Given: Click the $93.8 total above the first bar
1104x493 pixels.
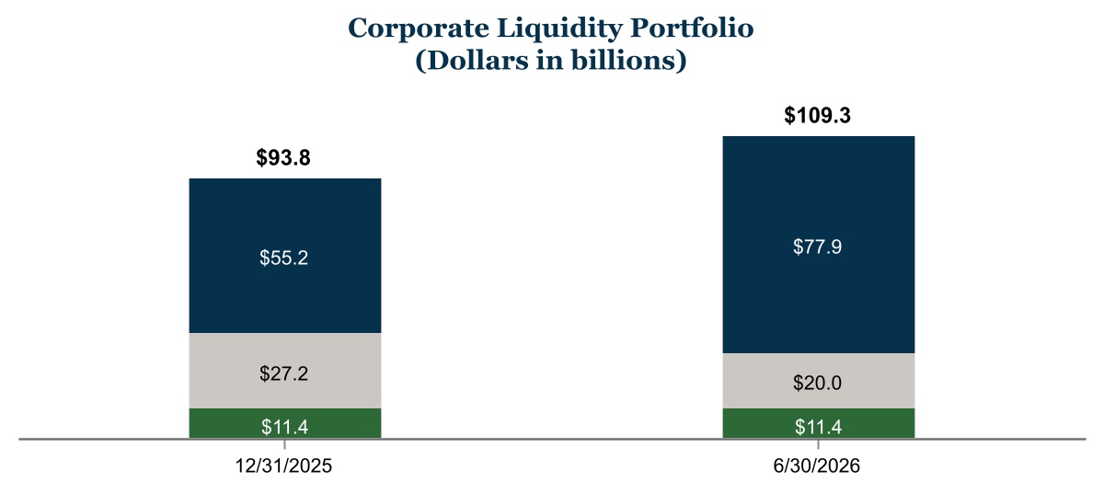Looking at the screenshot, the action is tap(283, 157).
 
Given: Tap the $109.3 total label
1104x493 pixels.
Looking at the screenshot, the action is tap(817, 115).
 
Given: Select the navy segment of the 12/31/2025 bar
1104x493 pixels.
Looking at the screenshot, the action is tap(285, 256).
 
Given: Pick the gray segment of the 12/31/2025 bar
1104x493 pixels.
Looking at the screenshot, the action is tap(285, 371).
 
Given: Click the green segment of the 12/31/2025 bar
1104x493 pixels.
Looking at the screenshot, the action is tap(285, 423).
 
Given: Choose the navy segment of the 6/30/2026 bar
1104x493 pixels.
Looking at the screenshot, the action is tap(819, 245).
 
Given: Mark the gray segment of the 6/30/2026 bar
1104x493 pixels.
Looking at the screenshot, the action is tap(819, 381).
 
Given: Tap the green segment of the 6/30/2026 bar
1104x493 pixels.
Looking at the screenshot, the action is tap(819, 423).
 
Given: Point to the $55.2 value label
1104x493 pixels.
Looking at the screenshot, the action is tap(284, 258).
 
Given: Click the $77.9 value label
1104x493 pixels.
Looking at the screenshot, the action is tap(818, 246).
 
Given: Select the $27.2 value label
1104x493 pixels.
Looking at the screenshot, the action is tap(284, 373).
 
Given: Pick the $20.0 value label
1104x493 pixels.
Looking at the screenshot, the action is tap(818, 383).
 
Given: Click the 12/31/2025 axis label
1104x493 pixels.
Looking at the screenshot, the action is tap(283, 466).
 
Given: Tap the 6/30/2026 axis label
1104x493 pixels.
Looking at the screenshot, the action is tap(817, 466).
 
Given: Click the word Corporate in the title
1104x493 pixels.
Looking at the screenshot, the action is tap(419, 29).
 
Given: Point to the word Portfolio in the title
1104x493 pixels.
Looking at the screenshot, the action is tap(692, 28).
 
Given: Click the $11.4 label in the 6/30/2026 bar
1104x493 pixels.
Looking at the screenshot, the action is tap(818, 427).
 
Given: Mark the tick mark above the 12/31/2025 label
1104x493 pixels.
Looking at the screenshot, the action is tap(285, 444).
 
